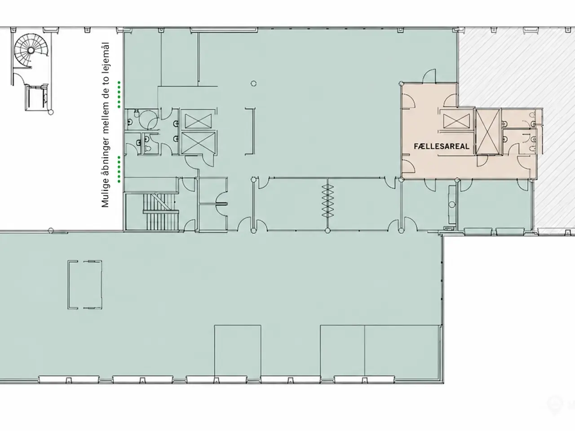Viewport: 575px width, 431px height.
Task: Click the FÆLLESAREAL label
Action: point(442,146)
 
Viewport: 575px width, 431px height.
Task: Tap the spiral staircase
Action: point(31,50)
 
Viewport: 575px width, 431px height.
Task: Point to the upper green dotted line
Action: point(119,94)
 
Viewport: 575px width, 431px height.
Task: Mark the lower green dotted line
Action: point(119,169)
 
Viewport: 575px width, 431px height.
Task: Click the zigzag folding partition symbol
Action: point(327,201)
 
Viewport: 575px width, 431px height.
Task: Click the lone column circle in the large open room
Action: point(253,84)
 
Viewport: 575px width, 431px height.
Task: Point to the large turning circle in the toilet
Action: point(148,119)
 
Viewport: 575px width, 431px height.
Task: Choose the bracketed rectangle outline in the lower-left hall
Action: point(85,285)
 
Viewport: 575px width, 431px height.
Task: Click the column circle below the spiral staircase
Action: point(51,112)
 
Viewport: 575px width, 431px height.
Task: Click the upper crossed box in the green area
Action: point(198,121)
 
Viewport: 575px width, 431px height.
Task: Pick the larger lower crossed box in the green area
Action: point(198,143)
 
